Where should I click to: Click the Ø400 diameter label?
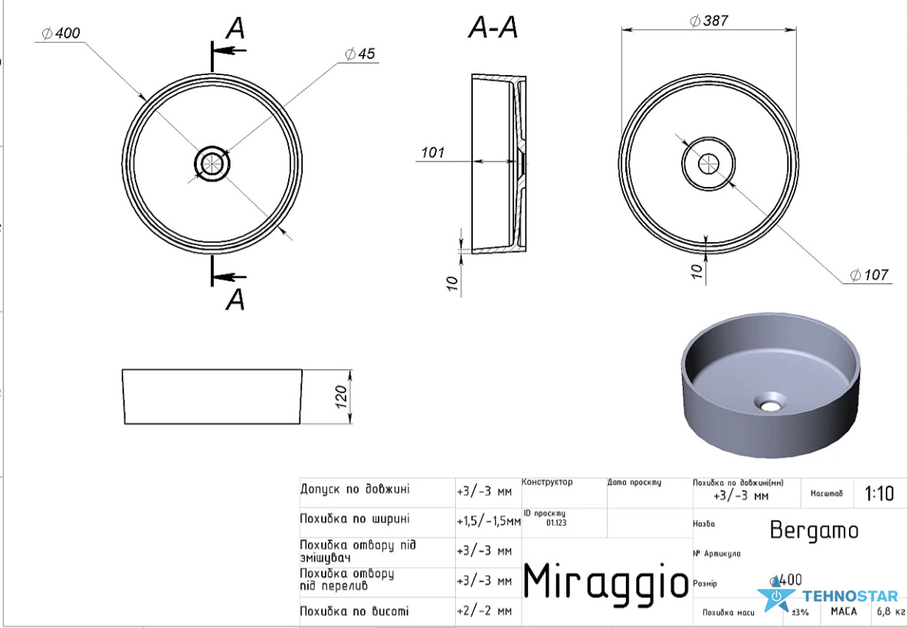[x=61, y=34]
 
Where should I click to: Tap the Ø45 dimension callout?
[x=359, y=54]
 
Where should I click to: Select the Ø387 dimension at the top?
[x=709, y=21]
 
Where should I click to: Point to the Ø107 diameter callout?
[x=869, y=275]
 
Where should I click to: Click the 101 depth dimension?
[x=433, y=152]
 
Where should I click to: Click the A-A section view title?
[x=493, y=28]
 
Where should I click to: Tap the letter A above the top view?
[x=235, y=29]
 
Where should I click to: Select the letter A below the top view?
[x=235, y=299]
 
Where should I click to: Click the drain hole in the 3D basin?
[x=770, y=402]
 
